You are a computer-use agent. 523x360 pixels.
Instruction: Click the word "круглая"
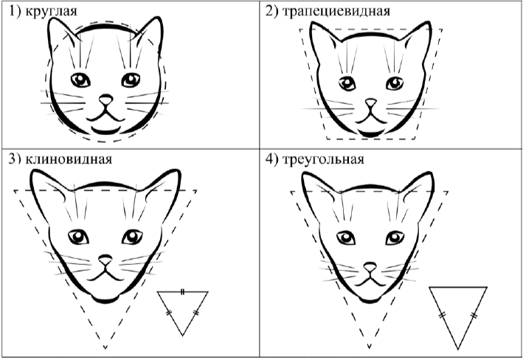pos(51,11)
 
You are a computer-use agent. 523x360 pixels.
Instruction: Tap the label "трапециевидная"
pos(336,11)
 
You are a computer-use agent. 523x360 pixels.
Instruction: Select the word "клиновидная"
pos(69,159)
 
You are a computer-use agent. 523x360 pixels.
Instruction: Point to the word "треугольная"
pos(323,159)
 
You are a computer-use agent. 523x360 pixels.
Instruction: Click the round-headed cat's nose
pos(106,100)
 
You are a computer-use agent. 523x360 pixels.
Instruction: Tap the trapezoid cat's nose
pos(370,103)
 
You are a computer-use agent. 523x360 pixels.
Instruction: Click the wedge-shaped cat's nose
pos(105,259)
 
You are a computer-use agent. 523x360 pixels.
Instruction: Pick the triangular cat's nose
pos(370,266)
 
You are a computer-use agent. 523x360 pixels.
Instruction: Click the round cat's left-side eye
pos(80,80)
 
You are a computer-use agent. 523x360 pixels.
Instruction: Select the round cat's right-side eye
pos(131,80)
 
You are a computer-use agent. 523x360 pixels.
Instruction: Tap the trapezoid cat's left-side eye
pos(347,83)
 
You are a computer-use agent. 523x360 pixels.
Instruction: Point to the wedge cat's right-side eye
pos(133,237)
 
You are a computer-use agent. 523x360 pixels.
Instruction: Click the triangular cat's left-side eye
pos(346,238)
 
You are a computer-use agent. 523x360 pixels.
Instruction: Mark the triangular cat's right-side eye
pos(395,238)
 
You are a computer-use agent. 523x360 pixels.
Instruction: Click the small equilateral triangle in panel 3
pos(183,292)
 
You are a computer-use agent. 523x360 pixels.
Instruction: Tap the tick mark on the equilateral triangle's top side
pos(182,292)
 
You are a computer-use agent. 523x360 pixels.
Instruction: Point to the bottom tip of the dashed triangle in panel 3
pos(105,348)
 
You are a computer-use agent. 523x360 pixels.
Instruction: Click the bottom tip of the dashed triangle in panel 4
pos(370,347)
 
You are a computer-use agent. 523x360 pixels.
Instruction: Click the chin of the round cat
pos(105,131)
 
